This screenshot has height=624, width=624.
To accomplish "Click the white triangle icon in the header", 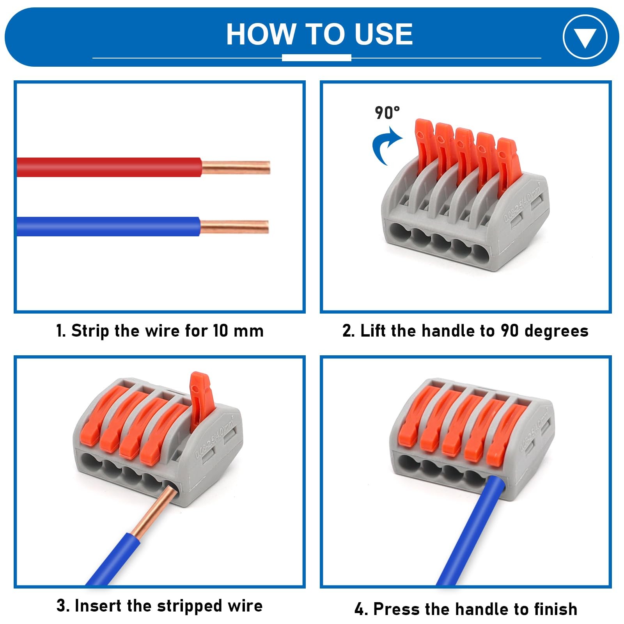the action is [x=585, y=38].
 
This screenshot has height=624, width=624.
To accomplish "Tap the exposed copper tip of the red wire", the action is [x=236, y=168].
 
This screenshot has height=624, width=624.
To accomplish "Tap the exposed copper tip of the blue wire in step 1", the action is [x=234, y=227].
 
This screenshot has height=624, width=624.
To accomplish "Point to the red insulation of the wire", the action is [x=109, y=167].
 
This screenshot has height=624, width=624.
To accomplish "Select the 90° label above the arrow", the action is [x=387, y=113].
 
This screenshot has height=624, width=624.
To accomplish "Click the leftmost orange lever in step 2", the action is [x=424, y=146].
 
